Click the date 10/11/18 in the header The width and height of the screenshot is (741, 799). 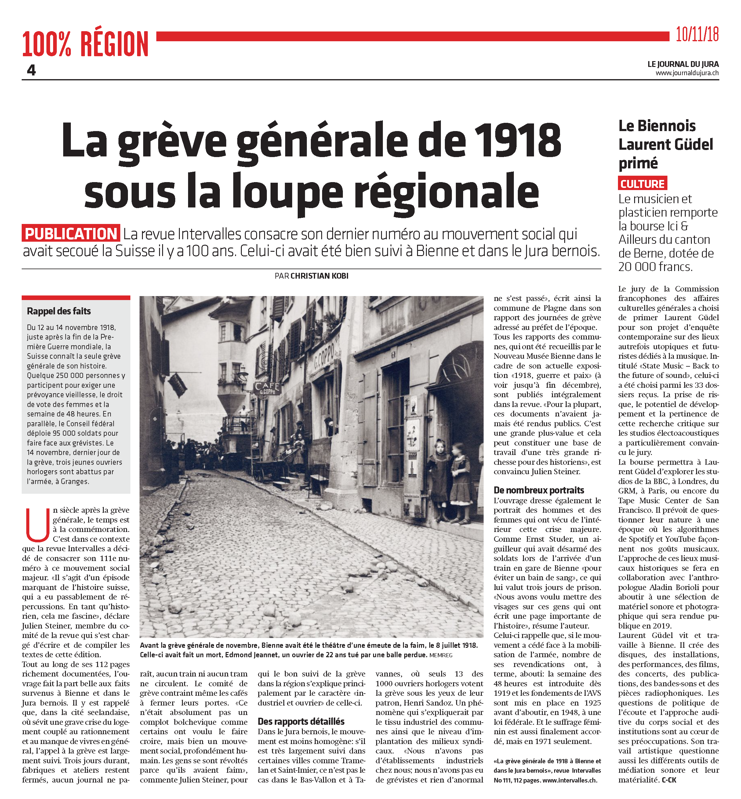[x=697, y=35]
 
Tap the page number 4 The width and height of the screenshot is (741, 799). [x=31, y=70]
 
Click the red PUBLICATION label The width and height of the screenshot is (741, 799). [x=71, y=233]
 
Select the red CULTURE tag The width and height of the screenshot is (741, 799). [x=642, y=184]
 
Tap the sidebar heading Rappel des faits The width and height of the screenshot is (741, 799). [x=59, y=311]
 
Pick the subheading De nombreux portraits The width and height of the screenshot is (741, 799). [x=539, y=490]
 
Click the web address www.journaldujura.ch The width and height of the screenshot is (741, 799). [x=687, y=73]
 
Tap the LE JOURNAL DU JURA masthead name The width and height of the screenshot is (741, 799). [x=683, y=64]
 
